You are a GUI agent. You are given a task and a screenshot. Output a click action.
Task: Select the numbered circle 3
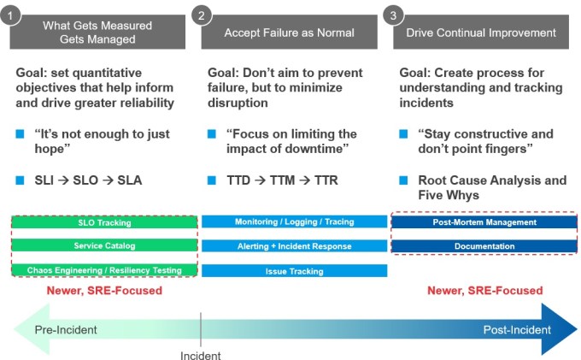(x=393, y=15)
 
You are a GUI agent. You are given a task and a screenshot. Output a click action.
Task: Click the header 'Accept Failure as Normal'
(x=289, y=32)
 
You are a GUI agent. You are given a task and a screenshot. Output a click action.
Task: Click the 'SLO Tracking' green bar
(x=104, y=223)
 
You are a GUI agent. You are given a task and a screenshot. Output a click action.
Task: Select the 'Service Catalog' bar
(x=104, y=246)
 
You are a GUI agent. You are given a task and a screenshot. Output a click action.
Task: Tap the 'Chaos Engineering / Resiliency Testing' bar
(x=104, y=270)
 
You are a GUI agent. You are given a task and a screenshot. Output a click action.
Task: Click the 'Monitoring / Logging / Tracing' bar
(x=293, y=222)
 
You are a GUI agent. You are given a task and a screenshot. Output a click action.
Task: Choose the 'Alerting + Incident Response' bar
(x=293, y=246)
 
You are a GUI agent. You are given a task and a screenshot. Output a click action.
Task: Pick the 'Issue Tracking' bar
(x=293, y=271)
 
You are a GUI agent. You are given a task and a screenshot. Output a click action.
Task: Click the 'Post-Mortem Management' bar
(x=484, y=222)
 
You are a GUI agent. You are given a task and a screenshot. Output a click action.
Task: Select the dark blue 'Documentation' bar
(x=484, y=246)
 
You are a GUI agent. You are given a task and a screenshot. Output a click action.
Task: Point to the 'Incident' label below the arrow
(x=200, y=355)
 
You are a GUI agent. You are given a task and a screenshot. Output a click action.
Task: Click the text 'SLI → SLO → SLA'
(x=88, y=180)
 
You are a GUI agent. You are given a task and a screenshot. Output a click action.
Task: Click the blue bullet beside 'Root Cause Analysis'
(x=403, y=180)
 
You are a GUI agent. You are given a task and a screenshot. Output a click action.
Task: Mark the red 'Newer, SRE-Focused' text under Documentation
(x=484, y=291)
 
